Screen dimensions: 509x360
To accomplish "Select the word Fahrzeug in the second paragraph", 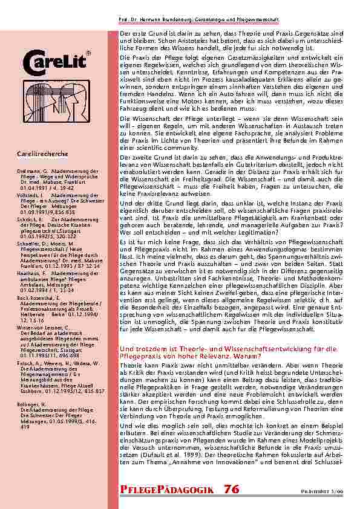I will pyautogui.click(x=134, y=107).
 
